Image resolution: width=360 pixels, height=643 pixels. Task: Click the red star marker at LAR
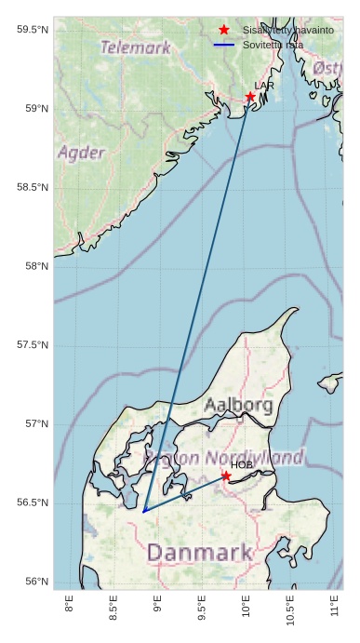[250, 97]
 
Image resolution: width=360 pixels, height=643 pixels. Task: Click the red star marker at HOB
[226, 476]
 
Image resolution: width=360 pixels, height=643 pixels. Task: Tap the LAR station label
[264, 86]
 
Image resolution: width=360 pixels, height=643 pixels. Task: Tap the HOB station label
[242, 464]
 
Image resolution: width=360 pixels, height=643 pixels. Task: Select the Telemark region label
[135, 47]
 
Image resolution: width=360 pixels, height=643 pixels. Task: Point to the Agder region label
[80, 152]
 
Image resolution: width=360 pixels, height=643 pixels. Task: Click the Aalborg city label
[238, 406]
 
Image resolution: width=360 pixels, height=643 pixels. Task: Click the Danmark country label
[200, 553]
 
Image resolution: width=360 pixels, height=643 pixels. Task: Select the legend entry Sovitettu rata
[273, 45]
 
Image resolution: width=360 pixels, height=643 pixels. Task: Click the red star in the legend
[224, 30]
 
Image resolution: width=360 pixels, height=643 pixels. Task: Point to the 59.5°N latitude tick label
[33, 30]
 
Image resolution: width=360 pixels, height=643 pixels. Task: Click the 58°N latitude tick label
[35, 266]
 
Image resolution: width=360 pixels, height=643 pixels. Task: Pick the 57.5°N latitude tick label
[33, 345]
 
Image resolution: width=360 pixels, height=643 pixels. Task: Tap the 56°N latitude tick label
[35, 582]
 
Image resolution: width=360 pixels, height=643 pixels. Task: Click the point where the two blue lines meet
[143, 511]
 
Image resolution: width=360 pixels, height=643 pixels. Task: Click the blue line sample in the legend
[224, 45]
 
